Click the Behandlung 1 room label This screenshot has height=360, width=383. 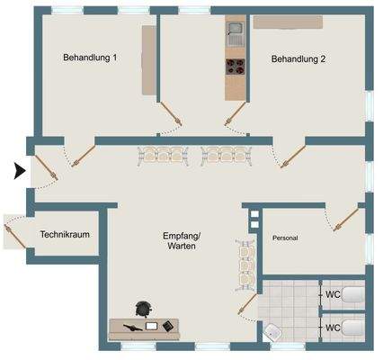90,58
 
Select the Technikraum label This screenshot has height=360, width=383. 65,235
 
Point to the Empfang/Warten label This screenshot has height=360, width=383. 183,240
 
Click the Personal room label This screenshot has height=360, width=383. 284,238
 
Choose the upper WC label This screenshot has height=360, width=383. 332,293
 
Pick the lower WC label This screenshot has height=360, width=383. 332,327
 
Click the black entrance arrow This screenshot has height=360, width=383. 21,169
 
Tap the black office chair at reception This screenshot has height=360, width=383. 142,309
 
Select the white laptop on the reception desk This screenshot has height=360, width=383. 151,325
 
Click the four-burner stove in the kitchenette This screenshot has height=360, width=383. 235,65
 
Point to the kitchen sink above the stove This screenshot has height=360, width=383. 235,35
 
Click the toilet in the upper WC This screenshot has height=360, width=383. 354,293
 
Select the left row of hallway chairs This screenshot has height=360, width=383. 162,155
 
